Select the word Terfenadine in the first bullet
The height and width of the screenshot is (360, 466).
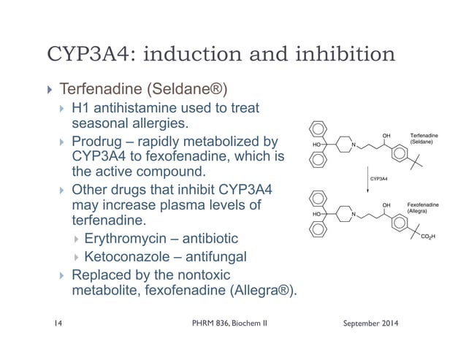[x=104, y=91]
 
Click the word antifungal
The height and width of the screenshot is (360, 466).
[x=221, y=256]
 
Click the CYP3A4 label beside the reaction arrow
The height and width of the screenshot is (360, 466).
[x=379, y=178]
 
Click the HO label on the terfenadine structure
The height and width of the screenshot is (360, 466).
[x=317, y=145]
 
